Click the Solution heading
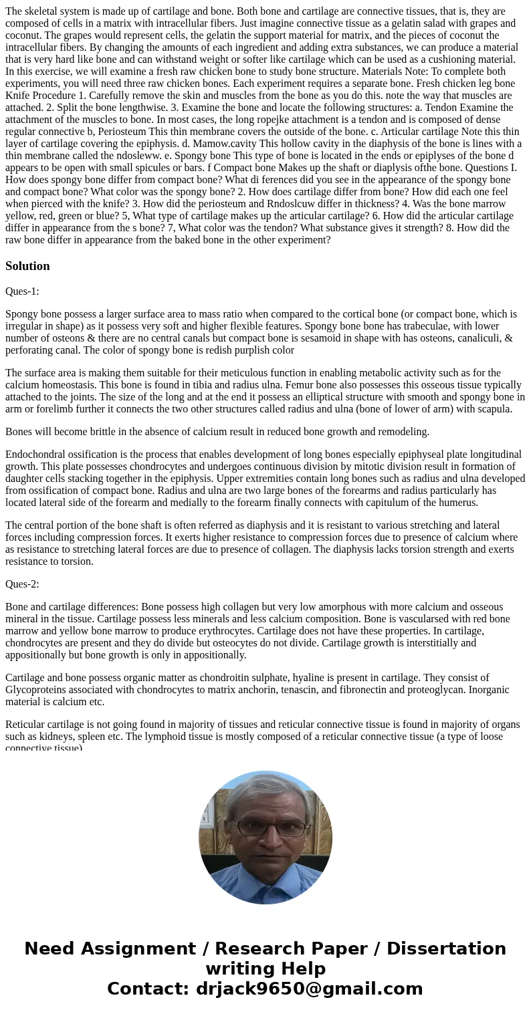click(27, 266)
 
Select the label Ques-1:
click(22, 291)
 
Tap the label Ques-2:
click(22, 584)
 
